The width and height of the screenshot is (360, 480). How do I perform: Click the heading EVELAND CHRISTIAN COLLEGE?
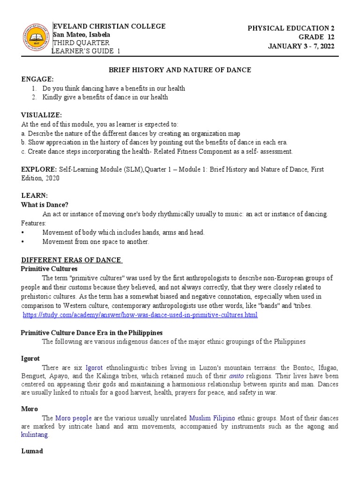click(x=110, y=26)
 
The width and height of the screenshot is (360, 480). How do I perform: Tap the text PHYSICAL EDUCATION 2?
click(x=291, y=29)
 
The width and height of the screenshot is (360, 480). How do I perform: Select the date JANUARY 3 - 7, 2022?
click(x=301, y=45)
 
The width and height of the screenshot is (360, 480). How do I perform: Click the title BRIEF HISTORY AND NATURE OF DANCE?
click(x=180, y=70)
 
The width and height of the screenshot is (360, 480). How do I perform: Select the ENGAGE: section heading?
click(x=37, y=79)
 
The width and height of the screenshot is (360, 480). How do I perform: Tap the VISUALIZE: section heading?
click(x=42, y=115)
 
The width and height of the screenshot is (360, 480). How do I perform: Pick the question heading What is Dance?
click(x=45, y=205)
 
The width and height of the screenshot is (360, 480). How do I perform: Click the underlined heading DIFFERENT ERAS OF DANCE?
click(x=72, y=260)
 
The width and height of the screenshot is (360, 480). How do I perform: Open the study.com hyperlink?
click(x=140, y=315)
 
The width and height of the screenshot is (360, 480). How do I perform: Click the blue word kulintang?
click(x=35, y=435)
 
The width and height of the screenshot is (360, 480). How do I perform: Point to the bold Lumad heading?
click(x=32, y=451)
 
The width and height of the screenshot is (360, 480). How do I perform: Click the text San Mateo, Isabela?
click(x=82, y=35)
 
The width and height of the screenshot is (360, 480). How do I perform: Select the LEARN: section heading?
click(x=35, y=195)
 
